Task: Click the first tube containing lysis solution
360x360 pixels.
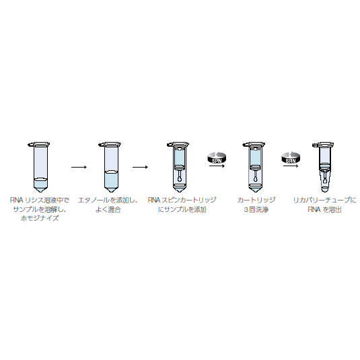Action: [40, 165]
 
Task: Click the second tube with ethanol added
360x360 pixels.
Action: [109, 165]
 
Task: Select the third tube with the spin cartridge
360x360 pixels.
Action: [179, 165]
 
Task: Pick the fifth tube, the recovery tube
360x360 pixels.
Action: [324, 165]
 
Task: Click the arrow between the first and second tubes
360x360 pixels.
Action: [79, 166]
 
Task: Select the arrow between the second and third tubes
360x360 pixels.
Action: [140, 166]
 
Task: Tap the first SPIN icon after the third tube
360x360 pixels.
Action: [217, 159]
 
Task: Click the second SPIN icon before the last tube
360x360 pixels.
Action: [290, 159]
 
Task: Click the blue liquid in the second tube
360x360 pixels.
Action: [109, 180]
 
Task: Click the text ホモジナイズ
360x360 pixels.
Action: [40, 219]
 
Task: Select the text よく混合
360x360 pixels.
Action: [109, 209]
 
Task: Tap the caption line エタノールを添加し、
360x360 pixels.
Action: [109, 201]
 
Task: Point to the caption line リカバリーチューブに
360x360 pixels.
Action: [324, 201]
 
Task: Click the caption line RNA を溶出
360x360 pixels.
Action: [324, 209]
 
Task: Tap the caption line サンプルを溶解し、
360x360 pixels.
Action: [40, 209]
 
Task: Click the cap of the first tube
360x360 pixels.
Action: [40, 143]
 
